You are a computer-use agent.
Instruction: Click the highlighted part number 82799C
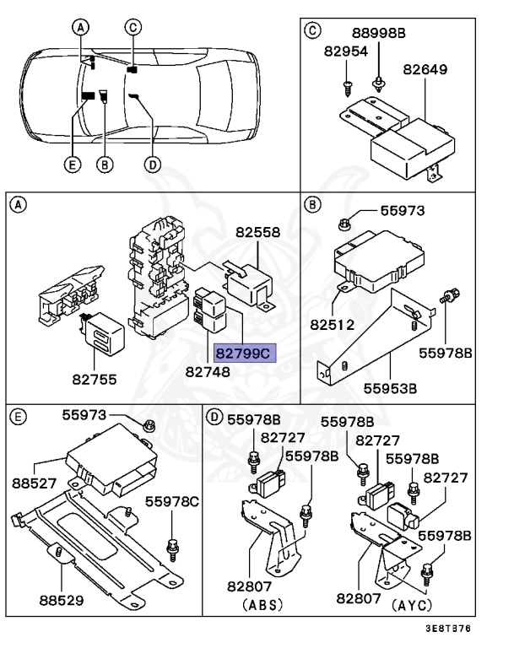coord(245,354)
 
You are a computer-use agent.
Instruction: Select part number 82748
coord(208,372)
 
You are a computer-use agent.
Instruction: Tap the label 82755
coord(95,380)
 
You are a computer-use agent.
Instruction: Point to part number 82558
coord(258,232)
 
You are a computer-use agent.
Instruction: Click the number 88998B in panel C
coord(379,33)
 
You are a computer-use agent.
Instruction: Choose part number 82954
coord(346,51)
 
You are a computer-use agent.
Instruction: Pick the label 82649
coord(425,69)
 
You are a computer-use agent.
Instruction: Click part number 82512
coord(333,324)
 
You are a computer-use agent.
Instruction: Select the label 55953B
coord(391,388)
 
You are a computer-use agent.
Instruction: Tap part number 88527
coord(35,483)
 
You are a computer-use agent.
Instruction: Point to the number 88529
coord(62,600)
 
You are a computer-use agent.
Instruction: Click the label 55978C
coord(172,502)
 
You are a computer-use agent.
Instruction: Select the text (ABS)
coord(263,605)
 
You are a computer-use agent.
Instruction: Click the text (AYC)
coord(412,605)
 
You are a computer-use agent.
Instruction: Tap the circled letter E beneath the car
coord(73,165)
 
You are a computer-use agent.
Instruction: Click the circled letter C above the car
coord(133,27)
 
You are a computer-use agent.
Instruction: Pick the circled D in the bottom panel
coord(214,417)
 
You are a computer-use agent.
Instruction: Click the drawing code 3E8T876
coord(449,629)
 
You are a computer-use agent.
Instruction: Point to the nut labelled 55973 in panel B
coord(344,224)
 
